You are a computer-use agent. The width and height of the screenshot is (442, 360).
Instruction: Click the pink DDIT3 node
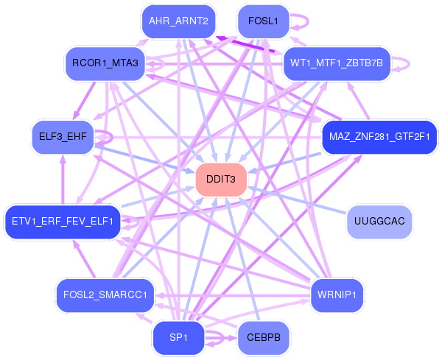tap(221, 180)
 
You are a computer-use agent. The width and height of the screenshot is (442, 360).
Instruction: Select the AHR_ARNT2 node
tap(178, 21)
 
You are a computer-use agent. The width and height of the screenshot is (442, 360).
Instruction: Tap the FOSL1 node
tap(263, 21)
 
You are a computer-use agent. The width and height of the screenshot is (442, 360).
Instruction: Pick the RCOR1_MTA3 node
tap(105, 63)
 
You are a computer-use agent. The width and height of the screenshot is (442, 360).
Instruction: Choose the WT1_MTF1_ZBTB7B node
tap(337, 63)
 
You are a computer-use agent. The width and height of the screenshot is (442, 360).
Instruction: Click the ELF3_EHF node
tap(63, 137)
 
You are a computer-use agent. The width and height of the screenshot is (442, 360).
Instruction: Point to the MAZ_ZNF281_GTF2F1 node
tap(379, 137)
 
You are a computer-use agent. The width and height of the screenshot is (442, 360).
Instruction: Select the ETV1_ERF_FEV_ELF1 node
tap(63, 222)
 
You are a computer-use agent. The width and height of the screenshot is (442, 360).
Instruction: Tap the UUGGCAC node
tap(379, 222)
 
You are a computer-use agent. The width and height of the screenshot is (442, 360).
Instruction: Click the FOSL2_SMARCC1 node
tap(105, 295)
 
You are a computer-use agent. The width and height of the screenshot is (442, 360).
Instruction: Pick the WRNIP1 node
tap(337, 295)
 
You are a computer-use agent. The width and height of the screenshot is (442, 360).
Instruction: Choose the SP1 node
tap(178, 338)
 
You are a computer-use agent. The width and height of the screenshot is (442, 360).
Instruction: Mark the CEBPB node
tap(263, 338)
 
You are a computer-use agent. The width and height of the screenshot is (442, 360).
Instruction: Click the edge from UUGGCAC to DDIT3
tap(297, 200)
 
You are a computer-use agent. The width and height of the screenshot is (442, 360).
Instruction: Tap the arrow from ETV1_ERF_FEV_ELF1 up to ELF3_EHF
tap(63, 180)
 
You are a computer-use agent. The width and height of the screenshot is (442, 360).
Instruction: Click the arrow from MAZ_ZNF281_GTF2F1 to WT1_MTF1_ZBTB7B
tap(358, 101)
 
